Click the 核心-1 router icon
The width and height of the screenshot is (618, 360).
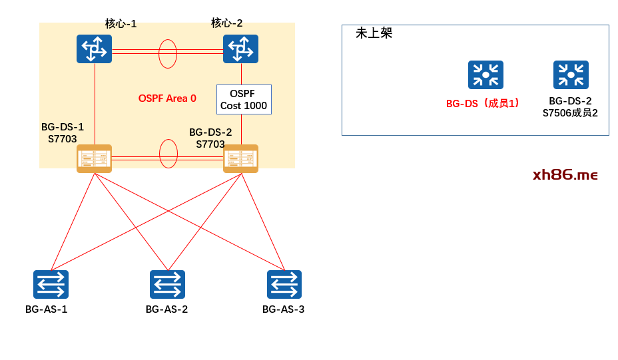(x=94, y=49)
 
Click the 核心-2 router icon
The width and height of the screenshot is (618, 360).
(x=240, y=49)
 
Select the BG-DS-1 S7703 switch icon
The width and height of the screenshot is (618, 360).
(x=94, y=158)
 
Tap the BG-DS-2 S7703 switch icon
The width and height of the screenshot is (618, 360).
(x=240, y=158)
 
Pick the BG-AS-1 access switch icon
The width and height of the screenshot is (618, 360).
(x=51, y=284)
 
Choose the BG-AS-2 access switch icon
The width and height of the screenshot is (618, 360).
(x=167, y=284)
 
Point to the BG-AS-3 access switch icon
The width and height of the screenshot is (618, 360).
(x=284, y=284)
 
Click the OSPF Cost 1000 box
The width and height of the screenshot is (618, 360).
(x=244, y=99)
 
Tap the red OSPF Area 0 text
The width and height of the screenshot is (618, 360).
(x=167, y=98)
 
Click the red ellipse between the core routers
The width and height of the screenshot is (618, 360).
(x=168, y=54)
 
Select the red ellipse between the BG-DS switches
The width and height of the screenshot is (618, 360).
(x=168, y=154)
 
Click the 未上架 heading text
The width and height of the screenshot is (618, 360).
(x=374, y=33)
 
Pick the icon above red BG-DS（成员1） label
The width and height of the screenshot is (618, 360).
(x=485, y=75)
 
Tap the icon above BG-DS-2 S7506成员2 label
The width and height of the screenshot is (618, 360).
(x=571, y=75)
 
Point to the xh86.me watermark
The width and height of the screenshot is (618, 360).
(x=565, y=175)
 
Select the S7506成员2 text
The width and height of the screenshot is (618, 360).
(x=570, y=113)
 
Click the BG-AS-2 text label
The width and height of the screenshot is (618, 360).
(x=166, y=309)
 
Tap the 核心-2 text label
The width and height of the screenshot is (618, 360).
(x=226, y=23)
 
